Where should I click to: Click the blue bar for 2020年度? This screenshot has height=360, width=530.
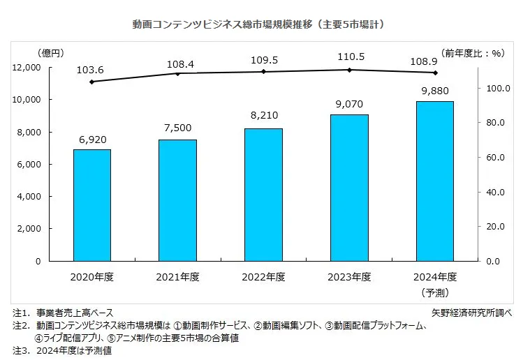pyautogui.click(x=92, y=205)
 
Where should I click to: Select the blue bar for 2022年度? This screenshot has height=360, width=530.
pyautogui.click(x=264, y=195)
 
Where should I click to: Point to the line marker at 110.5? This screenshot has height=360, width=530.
pyautogui.click(x=350, y=70)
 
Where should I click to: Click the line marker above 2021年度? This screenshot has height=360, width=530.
pyautogui.click(x=178, y=73)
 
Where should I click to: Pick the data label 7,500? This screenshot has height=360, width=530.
pyautogui.click(x=178, y=128)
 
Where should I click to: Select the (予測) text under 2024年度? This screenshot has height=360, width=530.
pyautogui.click(x=436, y=291)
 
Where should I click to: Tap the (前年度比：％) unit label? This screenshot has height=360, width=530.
pyautogui.click(x=473, y=52)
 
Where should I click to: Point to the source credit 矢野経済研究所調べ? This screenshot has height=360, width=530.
pyautogui.click(x=473, y=312)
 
